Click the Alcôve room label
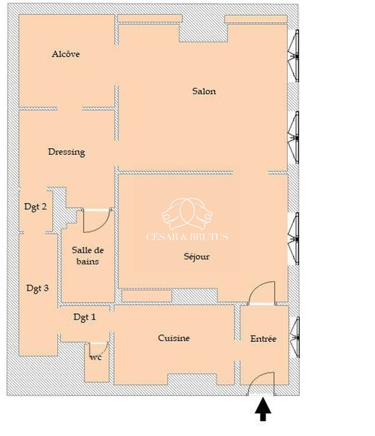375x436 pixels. pos(66,54)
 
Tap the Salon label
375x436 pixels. pos(204,92)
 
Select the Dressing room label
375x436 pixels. pos(67,152)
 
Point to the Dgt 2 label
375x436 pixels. pos(36,207)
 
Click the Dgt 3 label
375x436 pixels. pos(38,288)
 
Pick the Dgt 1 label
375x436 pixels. pos(85,317)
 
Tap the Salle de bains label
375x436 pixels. pos(88,255)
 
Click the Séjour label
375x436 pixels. pos(197,256)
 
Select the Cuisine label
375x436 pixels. pos(174,338)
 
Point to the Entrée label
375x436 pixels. pos(264,339)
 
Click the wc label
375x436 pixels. pos(96,358)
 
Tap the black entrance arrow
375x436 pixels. pos(263,409)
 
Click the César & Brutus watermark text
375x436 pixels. pos(187,237)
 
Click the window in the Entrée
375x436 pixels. pos(295,337)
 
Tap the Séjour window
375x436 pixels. pos(294,239)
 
